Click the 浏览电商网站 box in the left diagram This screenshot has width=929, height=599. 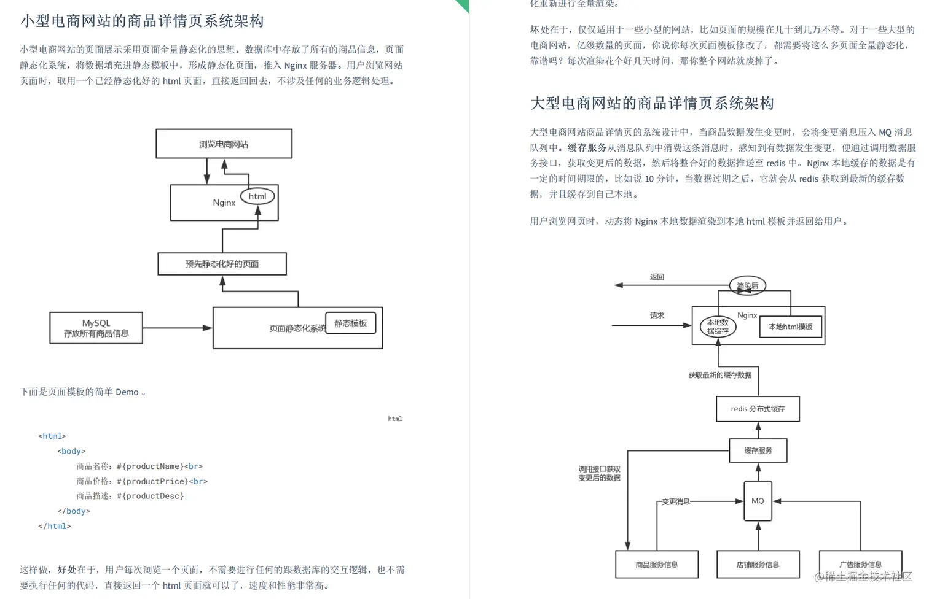pos(224,144)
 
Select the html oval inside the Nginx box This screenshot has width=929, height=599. pos(257,196)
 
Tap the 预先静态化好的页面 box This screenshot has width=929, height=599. pos(222,264)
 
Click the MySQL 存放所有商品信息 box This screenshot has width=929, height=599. pos(96,328)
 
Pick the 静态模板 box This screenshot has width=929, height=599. pos(350,323)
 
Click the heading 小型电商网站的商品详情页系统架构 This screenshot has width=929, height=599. pos(142,21)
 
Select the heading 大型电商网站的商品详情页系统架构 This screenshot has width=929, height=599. pos(652,103)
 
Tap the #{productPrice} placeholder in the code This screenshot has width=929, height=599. pos(151,481)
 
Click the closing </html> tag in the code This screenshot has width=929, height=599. pos(55,526)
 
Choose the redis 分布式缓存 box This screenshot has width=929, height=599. pos(758,409)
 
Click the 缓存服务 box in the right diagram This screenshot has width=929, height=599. pos(758,450)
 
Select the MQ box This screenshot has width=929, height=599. pos(758,501)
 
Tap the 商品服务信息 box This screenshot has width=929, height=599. pos(656,565)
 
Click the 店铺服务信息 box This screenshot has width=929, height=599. pos(758,565)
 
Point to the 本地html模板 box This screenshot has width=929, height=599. pos(790,327)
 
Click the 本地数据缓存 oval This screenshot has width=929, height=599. pos(718,327)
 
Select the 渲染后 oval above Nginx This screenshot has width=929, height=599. pos(747,285)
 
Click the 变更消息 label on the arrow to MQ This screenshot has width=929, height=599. pos(675,501)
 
